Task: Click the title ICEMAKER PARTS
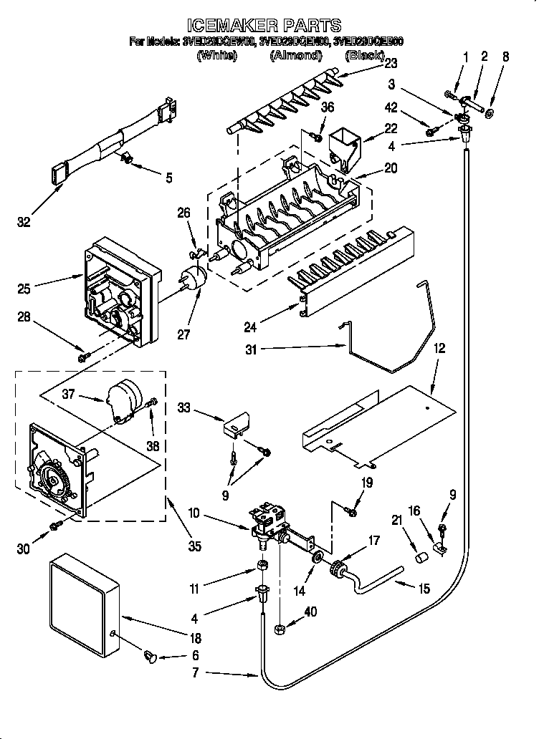tap(269, 26)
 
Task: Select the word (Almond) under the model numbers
tap(295, 56)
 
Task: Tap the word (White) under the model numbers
tap(216, 56)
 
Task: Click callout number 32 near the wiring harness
tap(24, 223)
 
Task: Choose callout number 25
tap(24, 289)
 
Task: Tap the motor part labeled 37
tap(123, 398)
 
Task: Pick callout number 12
tap(439, 349)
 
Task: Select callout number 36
tap(328, 107)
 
